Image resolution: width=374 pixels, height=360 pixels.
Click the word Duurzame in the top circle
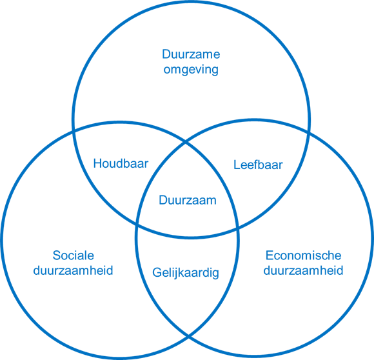[191, 54]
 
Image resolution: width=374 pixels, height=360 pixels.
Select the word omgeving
[191, 70]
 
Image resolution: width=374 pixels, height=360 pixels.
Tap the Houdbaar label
[121, 164]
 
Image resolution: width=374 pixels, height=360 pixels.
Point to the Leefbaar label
[258, 165]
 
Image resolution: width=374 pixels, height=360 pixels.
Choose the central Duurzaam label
[188, 200]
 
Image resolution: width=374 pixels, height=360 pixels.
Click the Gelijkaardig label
[186, 273]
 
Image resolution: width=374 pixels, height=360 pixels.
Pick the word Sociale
[74, 255]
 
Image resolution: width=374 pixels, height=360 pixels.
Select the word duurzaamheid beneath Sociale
[73, 271]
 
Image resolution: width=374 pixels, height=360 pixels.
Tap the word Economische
[304, 255]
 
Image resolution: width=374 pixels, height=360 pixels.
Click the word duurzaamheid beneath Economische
[304, 271]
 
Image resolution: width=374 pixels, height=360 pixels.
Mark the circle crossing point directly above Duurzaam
[185, 143]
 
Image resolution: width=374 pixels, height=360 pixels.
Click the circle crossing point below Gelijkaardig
[188, 336]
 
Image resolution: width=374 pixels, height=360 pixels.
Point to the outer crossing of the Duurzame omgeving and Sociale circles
[74, 131]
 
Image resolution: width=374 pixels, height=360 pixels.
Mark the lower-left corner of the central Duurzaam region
[137, 225]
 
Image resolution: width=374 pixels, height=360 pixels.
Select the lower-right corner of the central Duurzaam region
[238, 229]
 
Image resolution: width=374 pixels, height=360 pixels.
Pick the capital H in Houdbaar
[97, 164]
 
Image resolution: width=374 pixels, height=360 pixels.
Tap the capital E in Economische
[270, 255]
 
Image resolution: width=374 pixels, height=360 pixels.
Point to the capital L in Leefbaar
[237, 165]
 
